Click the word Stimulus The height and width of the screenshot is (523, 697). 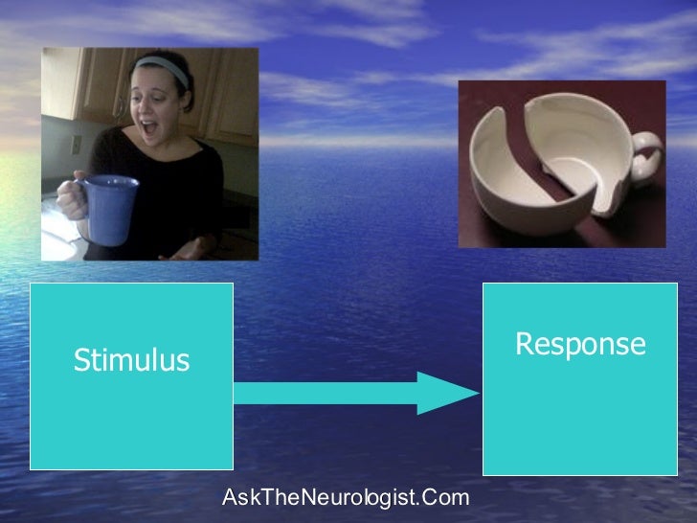[x=131, y=361]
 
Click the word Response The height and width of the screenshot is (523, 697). [x=580, y=344]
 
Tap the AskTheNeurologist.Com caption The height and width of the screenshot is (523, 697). [x=346, y=497]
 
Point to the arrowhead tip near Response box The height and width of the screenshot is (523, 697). [x=475, y=393]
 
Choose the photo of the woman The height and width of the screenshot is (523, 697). [x=149, y=154]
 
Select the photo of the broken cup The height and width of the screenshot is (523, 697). [x=562, y=164]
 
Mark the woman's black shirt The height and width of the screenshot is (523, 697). [x=182, y=182]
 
